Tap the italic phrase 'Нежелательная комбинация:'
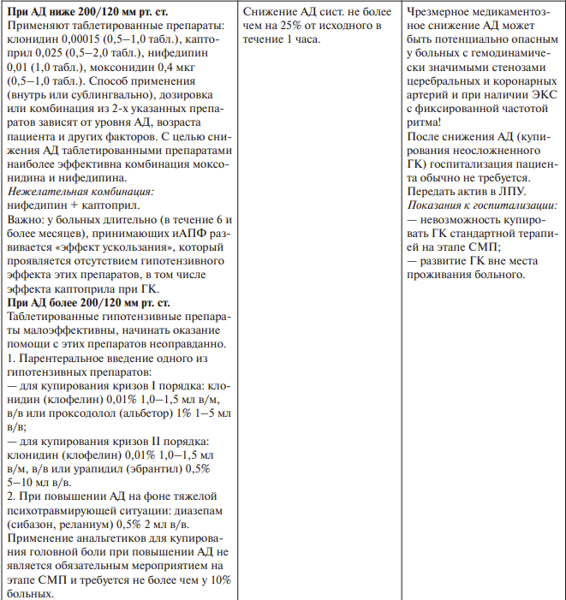[x=80, y=193]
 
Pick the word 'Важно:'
[x=26, y=220]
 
